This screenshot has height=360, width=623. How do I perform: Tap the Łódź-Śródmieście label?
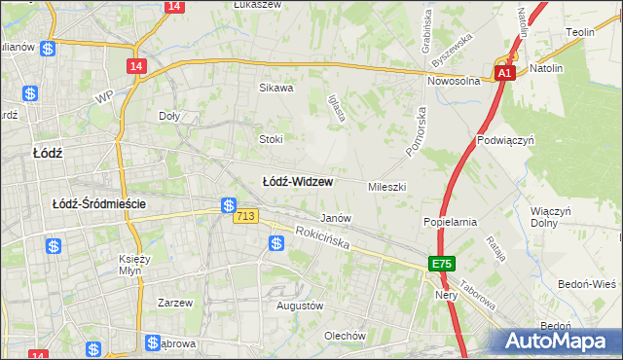[x=99, y=203]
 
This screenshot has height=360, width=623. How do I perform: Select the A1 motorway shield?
[x=503, y=73]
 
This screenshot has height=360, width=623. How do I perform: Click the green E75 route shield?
[x=442, y=264]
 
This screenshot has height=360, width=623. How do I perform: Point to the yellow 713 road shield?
[x=245, y=216]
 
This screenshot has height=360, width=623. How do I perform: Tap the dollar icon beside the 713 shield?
[x=228, y=206]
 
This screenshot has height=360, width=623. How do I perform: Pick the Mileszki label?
[x=386, y=186]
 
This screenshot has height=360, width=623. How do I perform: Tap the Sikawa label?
[x=275, y=88]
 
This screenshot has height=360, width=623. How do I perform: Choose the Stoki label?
[x=270, y=139]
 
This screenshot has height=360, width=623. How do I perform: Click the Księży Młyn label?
[x=133, y=265]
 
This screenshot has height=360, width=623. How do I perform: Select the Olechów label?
[x=345, y=336]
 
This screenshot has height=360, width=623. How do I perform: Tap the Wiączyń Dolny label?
[x=550, y=216]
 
